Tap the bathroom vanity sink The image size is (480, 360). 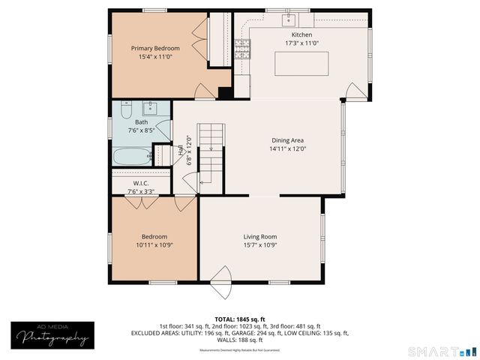coord(148,106)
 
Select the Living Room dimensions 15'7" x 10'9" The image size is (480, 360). coord(260,245)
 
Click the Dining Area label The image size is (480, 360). coord(287,139)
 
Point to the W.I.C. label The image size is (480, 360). coord(141,183)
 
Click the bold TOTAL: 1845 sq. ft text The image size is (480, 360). coord(239,319)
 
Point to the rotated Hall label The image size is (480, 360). coord(181,150)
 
